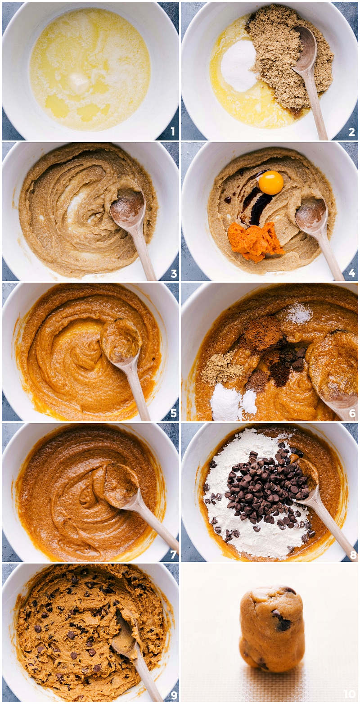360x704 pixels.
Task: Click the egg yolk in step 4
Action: [271, 182]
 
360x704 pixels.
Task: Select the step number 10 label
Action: [349, 694]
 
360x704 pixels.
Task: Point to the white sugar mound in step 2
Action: [239, 66]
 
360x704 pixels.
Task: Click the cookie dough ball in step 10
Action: [271, 629]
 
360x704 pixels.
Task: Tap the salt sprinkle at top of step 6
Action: [299, 313]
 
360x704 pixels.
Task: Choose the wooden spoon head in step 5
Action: [120, 340]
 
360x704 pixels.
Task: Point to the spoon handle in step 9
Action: [146, 675]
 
